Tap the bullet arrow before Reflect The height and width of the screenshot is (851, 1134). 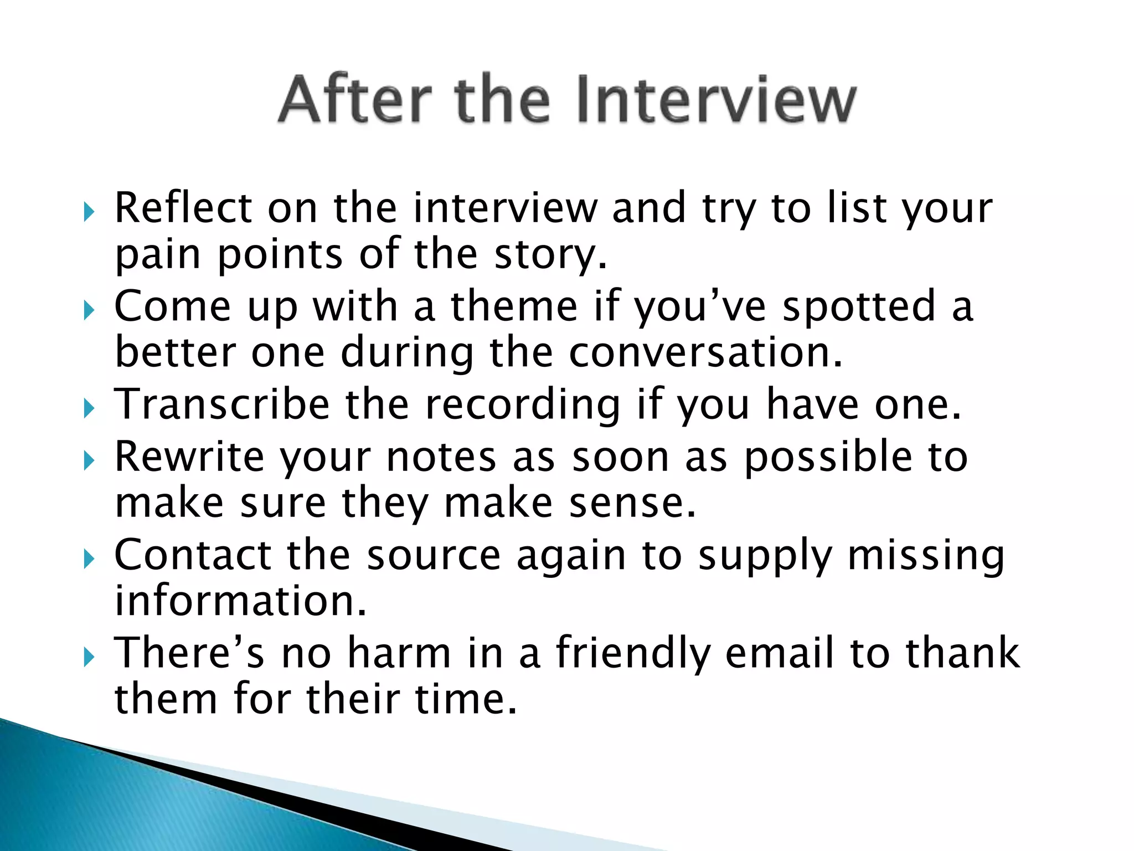point(89,212)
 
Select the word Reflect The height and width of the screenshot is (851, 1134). point(183,208)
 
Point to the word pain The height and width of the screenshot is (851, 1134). point(158,255)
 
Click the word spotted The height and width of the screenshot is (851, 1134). point(858,306)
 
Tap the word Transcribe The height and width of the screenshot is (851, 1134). point(222,404)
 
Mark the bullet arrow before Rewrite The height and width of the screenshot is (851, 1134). point(89,460)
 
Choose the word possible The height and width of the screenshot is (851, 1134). point(828,457)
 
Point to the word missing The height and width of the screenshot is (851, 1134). point(926,556)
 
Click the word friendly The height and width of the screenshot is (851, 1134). point(633,654)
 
